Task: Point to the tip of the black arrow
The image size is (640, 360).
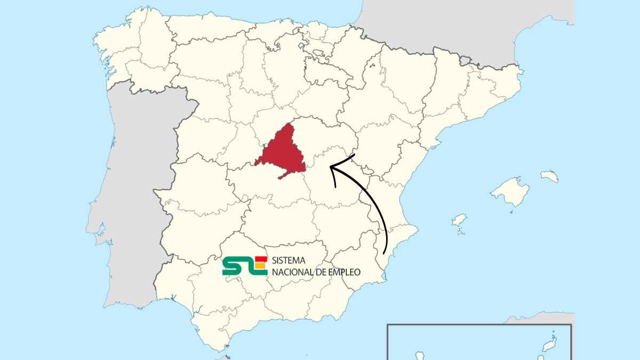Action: point(331,167)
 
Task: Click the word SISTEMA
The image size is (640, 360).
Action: point(288,261)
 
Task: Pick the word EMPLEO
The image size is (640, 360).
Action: point(343,272)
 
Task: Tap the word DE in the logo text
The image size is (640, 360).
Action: point(321,272)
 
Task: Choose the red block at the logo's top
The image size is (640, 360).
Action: point(261,259)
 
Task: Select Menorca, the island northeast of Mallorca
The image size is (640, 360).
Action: point(549,176)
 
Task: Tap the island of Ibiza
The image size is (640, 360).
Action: point(459,220)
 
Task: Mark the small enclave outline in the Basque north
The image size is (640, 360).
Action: point(319,53)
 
